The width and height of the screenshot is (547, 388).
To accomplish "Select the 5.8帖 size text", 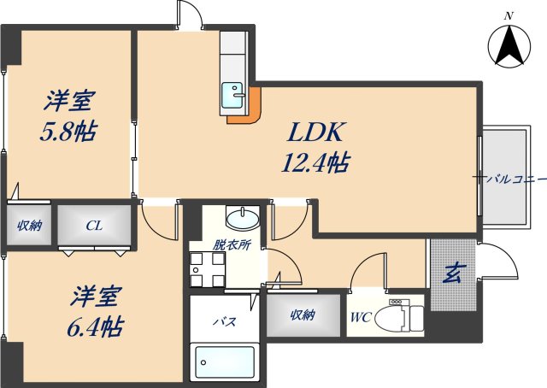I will point(70,132).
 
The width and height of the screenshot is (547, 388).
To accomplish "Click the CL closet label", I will point(94,226).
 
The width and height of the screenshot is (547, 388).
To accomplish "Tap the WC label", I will point(359,317).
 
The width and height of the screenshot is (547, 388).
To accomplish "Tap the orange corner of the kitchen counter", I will point(248,109).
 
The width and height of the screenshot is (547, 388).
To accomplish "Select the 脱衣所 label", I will point(232,244).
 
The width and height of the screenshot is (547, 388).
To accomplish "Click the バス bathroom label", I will point(224,322).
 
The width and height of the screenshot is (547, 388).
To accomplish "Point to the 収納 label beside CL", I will point(30,226).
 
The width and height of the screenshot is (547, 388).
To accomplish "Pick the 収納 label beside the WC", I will point(301,315).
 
